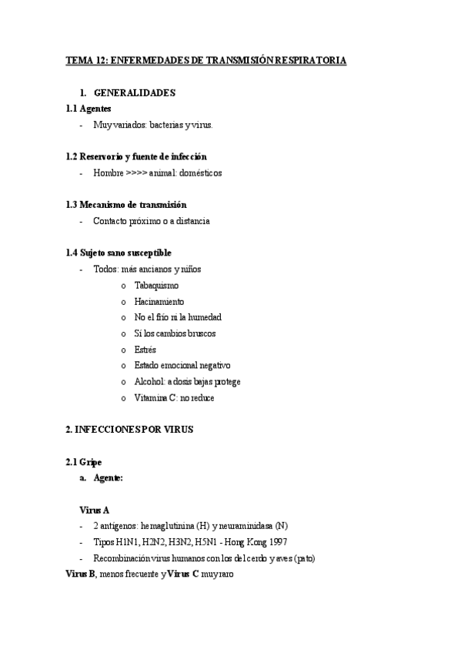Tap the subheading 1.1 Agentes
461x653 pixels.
(89, 109)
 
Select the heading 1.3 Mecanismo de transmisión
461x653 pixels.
(126, 205)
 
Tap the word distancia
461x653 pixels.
(192, 221)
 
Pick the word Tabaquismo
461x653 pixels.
(156, 286)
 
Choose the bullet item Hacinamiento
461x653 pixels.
(159, 302)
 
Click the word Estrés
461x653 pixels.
(145, 350)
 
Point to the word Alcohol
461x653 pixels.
(149, 382)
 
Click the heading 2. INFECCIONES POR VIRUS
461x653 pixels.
(129, 430)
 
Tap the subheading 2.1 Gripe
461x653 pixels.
(84, 462)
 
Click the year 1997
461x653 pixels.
(279, 542)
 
